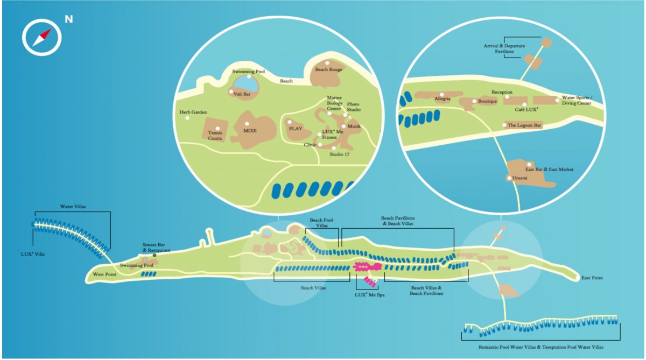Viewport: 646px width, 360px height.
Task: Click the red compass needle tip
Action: pos(50,30)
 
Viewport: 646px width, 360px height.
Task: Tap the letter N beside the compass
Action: pos(69,19)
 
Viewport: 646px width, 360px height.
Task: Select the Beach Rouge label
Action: pos(328,69)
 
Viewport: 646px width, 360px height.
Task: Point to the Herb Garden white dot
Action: pos(187,118)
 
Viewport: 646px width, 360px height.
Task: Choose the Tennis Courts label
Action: pos(215,136)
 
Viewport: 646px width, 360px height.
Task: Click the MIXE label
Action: pos(250,131)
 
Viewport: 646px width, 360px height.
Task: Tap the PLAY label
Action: pos(296,129)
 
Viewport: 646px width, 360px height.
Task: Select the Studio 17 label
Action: pos(340,154)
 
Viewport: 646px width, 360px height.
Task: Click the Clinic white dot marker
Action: pos(320,145)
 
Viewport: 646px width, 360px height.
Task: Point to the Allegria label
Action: pos(443,98)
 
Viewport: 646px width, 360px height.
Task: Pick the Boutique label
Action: pos(487,101)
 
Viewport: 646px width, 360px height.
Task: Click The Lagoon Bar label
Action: pos(524,125)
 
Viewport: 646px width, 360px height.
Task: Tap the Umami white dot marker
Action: pos(509,178)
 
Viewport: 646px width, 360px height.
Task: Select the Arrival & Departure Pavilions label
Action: pos(504,48)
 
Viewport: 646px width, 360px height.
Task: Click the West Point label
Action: pos(104,274)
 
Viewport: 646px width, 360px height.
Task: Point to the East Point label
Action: pos(592,278)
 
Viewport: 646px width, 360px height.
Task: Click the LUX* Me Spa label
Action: pos(369,295)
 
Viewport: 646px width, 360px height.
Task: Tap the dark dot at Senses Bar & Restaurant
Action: pos(155,256)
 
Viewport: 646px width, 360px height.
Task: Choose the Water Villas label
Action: pos(73,207)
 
